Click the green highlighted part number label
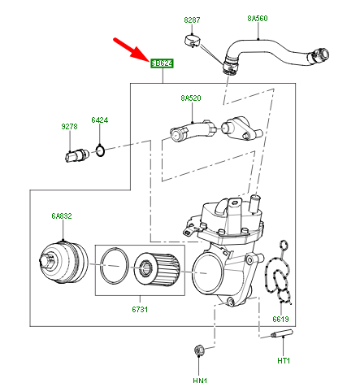click(162, 63)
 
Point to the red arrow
click(131, 46)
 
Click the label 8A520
click(190, 98)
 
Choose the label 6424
click(99, 120)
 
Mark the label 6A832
click(62, 216)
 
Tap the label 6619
click(281, 320)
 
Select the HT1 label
click(284, 361)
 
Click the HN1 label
click(200, 377)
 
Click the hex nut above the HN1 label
click(198, 351)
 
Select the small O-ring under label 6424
click(99, 150)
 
